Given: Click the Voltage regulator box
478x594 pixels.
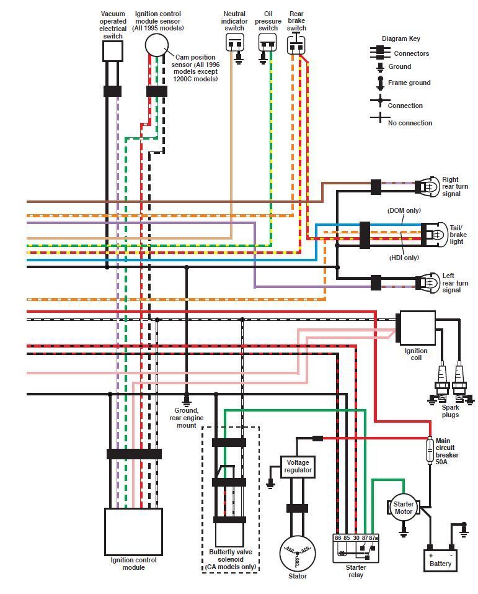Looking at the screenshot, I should (298, 466).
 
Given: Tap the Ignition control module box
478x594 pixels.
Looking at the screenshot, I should (133, 531).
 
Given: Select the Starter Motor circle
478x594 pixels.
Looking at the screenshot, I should (404, 508).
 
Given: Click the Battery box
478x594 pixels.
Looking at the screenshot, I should (441, 560).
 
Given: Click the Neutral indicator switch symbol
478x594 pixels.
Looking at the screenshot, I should (235, 43).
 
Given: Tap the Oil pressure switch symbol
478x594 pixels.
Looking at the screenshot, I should (268, 43).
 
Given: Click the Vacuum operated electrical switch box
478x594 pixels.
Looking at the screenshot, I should (112, 52).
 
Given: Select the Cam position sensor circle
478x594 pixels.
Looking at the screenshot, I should (157, 45).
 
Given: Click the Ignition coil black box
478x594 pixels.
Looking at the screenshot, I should (417, 328).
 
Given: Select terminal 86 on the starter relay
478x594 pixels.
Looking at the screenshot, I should (338, 538).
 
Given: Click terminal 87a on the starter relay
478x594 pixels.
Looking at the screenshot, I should (374, 538).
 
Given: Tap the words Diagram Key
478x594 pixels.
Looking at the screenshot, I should (401, 38).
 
